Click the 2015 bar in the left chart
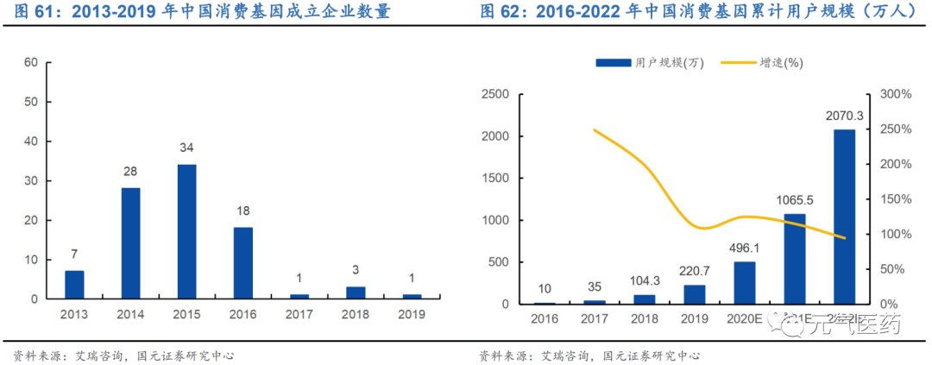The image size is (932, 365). [x=186, y=231]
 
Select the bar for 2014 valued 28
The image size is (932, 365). [x=130, y=243]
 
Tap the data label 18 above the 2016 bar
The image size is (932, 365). [x=242, y=210]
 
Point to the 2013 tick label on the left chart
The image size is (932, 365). [x=74, y=314]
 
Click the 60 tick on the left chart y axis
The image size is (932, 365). [x=31, y=62]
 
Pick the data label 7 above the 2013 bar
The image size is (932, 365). [x=74, y=254]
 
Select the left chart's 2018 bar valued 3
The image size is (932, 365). [x=355, y=293]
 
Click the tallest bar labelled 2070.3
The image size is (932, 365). [x=844, y=217]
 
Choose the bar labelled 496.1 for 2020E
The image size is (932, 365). [x=744, y=282]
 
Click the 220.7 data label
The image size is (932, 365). [x=694, y=268]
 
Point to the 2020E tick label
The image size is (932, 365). [x=744, y=319]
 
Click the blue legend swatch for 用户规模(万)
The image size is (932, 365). [x=613, y=63]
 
